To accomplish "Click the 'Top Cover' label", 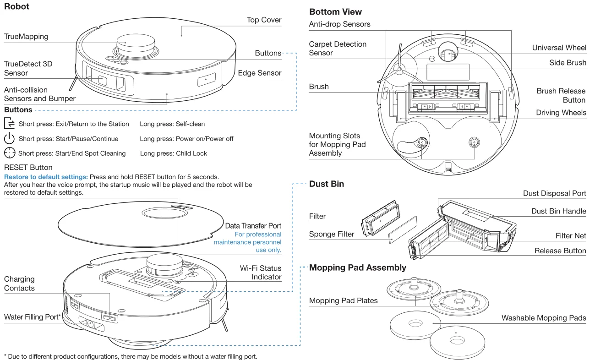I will click(x=264, y=20).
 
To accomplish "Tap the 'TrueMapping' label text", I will click(x=26, y=36).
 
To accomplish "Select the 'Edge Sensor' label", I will click(x=260, y=73).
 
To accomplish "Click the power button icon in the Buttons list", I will click(x=10, y=139).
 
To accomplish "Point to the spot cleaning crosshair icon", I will click(x=10, y=153).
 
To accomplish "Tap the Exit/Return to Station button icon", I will click(x=10, y=124).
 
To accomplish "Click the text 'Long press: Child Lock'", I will click(x=173, y=153).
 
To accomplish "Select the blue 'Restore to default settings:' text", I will click(x=46, y=177).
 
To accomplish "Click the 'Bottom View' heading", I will click(x=335, y=12).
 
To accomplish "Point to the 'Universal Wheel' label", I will click(x=559, y=48).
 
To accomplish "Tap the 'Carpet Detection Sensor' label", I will click(x=338, y=49).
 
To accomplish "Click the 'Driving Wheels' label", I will click(x=561, y=113).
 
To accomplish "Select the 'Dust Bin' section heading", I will click(x=327, y=184).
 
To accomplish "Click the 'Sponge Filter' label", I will click(x=332, y=234).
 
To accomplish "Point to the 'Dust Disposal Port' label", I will click(x=554, y=193).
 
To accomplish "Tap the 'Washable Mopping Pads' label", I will click(x=544, y=318).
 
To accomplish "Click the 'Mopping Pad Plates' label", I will click(x=343, y=301).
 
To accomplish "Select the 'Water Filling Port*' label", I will click(x=33, y=317).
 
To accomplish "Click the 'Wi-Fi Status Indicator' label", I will click(x=261, y=273).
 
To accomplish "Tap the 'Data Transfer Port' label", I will click(x=253, y=226).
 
